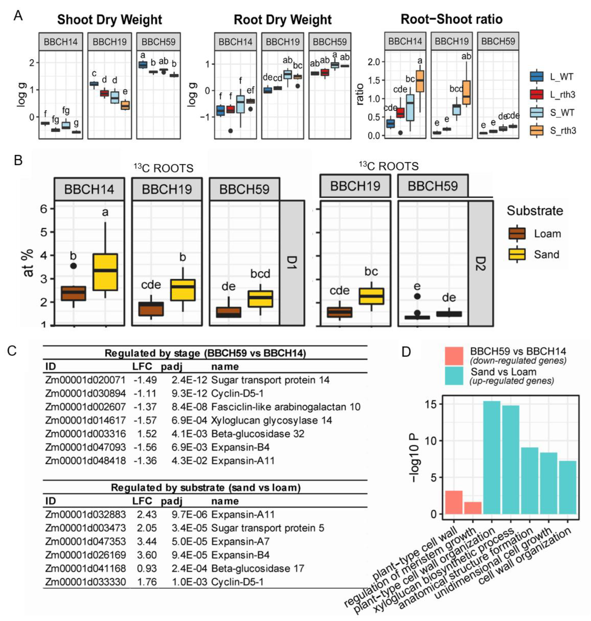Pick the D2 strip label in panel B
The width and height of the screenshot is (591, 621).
[x=480, y=263]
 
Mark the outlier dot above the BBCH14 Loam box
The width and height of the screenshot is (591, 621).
[x=73, y=266]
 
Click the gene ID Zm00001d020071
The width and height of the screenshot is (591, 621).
[x=85, y=380]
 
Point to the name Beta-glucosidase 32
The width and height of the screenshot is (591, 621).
[x=258, y=434]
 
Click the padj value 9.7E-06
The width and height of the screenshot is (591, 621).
[x=189, y=514]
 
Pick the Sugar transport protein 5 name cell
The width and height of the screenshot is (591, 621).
[x=267, y=528]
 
